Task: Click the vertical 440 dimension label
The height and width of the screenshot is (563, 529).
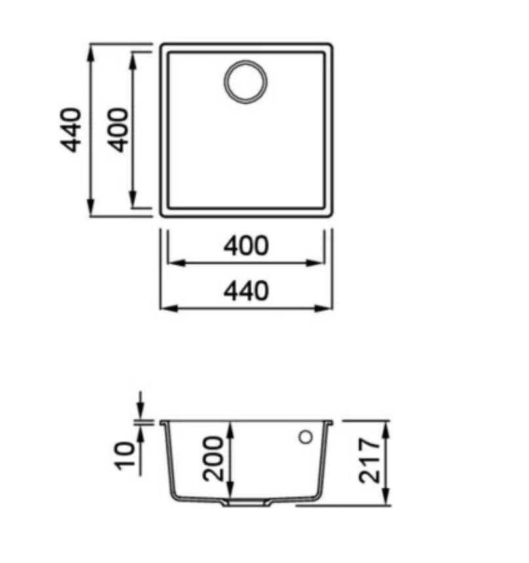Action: click(71, 130)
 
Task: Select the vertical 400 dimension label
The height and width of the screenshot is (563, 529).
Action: click(118, 130)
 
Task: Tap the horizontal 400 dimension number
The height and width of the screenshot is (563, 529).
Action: click(246, 246)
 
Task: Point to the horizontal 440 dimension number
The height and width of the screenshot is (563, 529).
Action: click(246, 291)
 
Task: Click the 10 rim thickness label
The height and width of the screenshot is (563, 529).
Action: click(125, 456)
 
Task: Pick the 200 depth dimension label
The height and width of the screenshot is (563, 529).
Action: click(213, 459)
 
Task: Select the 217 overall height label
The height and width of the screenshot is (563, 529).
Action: click(369, 461)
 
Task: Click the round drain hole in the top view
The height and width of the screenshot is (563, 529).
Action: click(246, 82)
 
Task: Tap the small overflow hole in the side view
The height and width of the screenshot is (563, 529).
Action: click(305, 437)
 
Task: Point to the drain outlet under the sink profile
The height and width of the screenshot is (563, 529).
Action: click(246, 503)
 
